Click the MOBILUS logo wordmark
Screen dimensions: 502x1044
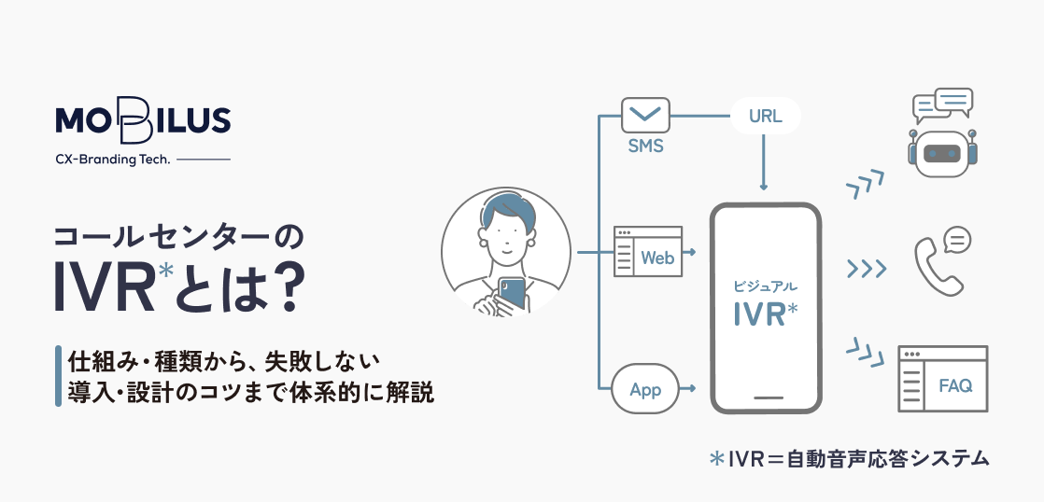coord(142,120)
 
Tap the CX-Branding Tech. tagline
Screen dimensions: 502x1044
coord(113,160)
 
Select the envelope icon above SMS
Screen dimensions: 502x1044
coord(645,117)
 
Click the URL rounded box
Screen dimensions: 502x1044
coord(765,117)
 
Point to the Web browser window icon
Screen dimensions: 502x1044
coord(647,252)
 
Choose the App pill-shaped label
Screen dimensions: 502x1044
coord(645,389)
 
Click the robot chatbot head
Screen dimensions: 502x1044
coord(941,151)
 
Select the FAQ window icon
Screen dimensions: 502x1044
coord(942,379)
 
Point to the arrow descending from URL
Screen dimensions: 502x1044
coord(765,163)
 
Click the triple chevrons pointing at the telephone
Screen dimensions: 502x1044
coord(866,270)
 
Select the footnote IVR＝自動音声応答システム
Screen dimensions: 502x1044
coord(848,458)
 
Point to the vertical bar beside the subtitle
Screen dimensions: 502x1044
coord(58,375)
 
